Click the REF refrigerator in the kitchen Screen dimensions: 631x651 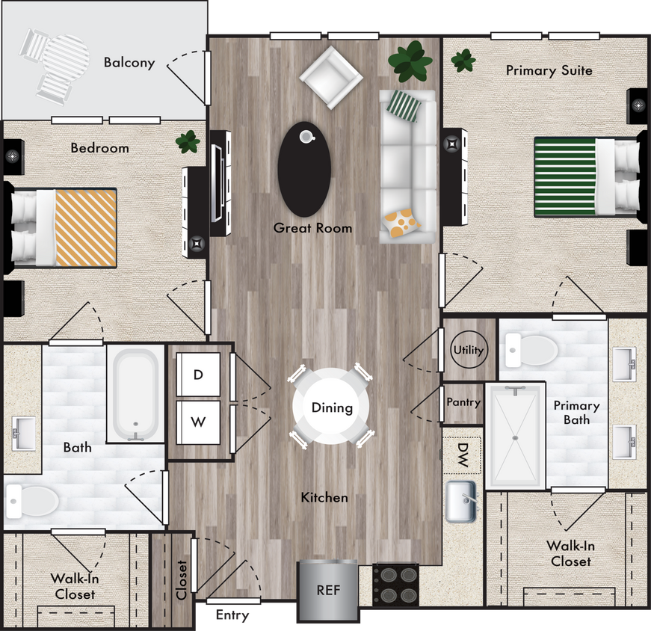pos(328,588)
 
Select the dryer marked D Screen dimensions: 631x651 pos(198,375)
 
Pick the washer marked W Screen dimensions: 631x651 pos(198,422)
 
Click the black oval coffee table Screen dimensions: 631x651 pos(304,169)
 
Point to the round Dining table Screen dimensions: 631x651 pos(331,407)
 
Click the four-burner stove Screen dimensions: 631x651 pos(395,585)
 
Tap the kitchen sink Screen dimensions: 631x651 pos(460,502)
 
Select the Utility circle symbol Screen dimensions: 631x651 pos(469,350)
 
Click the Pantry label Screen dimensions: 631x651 pos(463,402)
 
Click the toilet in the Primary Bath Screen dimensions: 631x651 pos(532,349)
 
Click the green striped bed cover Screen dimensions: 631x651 pos(565,176)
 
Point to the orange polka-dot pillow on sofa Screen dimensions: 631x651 pos(401,223)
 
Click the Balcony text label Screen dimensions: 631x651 pos(129,62)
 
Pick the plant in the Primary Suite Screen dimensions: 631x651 pos(463,60)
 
